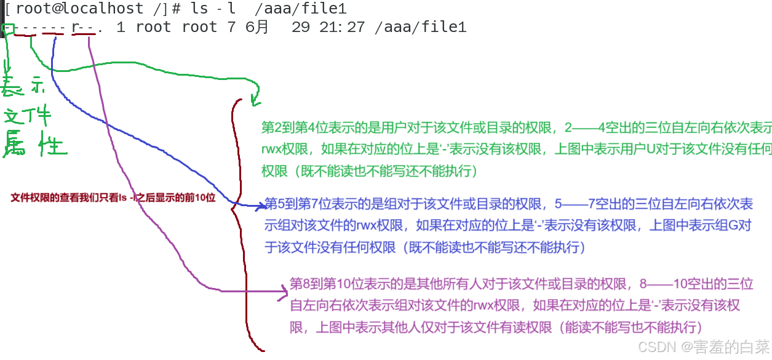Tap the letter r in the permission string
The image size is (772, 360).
(76, 27)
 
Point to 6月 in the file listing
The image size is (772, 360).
(257, 27)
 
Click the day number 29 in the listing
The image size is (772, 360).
(301, 27)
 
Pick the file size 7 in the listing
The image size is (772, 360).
(232, 27)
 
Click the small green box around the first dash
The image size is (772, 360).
(8, 28)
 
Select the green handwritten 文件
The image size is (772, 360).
(27, 115)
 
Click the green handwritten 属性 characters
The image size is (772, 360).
(34, 145)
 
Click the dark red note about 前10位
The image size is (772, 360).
(113, 198)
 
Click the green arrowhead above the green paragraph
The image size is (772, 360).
(255, 98)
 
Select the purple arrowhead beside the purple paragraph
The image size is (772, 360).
(284, 292)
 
